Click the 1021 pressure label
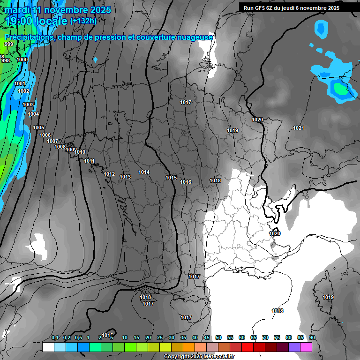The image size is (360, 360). click(x=298, y=128)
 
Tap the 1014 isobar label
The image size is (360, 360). click(x=144, y=172)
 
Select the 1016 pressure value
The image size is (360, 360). click(x=186, y=182)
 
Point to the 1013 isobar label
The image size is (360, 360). click(x=125, y=177)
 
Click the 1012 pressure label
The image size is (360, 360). click(x=109, y=174)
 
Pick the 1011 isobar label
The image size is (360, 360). click(x=90, y=161)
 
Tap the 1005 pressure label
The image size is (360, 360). click(x=38, y=127)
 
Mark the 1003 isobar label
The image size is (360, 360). click(x=28, y=105)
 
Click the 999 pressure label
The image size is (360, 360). click(x=9, y=44)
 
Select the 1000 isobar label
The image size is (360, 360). click(x=22, y=60)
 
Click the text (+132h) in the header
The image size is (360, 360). click(x=83, y=21)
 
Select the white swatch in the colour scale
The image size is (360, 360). click(x=48, y=347)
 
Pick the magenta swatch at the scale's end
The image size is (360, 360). click(x=306, y=347)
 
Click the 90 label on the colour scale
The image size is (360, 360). click(x=312, y=337)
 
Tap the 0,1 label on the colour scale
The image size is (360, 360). click(x=55, y=337)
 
